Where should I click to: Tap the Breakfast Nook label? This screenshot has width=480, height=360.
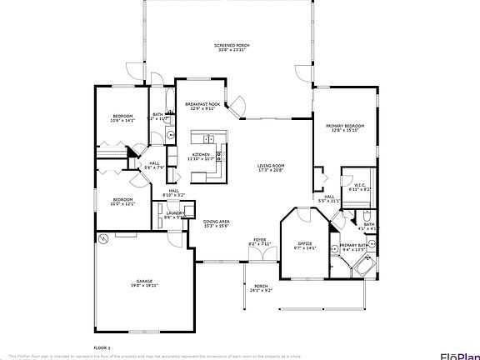point(202,106)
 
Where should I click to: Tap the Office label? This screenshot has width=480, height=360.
point(305,245)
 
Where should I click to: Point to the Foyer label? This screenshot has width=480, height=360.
point(260,242)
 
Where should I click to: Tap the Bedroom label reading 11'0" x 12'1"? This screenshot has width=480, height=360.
point(123,201)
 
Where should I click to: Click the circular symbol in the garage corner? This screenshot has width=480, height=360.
point(104,238)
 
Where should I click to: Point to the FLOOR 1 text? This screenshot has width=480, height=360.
point(102,346)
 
